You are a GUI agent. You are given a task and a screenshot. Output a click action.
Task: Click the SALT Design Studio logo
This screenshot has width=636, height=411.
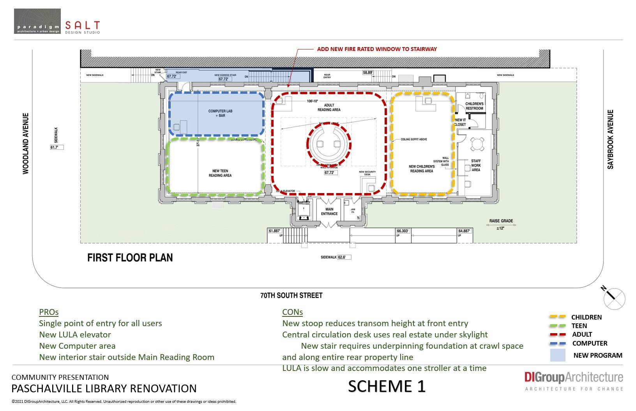pyautogui.click(x=82, y=27)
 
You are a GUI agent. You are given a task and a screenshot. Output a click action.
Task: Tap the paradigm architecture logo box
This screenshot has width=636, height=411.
pyautogui.click(x=37, y=21)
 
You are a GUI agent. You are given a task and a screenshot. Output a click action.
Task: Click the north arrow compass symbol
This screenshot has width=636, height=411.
pyautogui.click(x=614, y=299)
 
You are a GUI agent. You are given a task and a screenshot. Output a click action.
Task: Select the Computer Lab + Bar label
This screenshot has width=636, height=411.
pyautogui.click(x=220, y=113)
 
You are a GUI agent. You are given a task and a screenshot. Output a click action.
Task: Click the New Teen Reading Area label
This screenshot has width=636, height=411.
pyautogui.click(x=220, y=173)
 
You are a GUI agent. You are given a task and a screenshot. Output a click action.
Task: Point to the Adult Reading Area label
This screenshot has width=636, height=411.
pyautogui.click(x=329, y=107)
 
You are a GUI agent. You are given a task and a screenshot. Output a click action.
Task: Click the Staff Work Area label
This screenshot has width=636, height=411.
pyautogui.click(x=476, y=165)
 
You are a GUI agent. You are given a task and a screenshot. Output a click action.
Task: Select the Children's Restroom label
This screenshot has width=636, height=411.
pyautogui.click(x=474, y=106)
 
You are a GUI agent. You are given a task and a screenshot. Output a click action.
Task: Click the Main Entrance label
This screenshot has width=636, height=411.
pyautogui.click(x=329, y=211)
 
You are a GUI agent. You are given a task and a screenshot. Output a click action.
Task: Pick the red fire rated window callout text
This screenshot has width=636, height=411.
pyautogui.click(x=377, y=49)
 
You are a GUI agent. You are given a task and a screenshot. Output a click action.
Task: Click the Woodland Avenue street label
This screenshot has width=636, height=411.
pyautogui.click(x=26, y=143)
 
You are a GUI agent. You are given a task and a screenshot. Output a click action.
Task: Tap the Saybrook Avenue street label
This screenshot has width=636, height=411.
pyautogui.click(x=610, y=139)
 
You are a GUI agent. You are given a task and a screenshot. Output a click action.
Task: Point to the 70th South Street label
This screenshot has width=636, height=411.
pyautogui.click(x=291, y=295)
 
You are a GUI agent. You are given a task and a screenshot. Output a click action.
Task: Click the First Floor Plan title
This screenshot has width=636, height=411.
pyautogui.click(x=130, y=258)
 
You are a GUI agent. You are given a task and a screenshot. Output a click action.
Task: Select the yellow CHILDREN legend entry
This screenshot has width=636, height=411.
pyautogui.click(x=586, y=317)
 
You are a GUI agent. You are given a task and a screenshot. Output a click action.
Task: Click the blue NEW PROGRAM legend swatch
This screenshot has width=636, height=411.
pyautogui.click(x=558, y=355)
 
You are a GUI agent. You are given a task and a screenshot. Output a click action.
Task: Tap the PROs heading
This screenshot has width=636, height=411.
pyautogui.click(x=49, y=312)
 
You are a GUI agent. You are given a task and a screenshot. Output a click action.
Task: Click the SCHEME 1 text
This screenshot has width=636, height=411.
pyautogui.click(x=387, y=386)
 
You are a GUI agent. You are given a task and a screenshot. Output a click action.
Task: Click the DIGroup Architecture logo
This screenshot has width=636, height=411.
pyautogui.click(x=574, y=380)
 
